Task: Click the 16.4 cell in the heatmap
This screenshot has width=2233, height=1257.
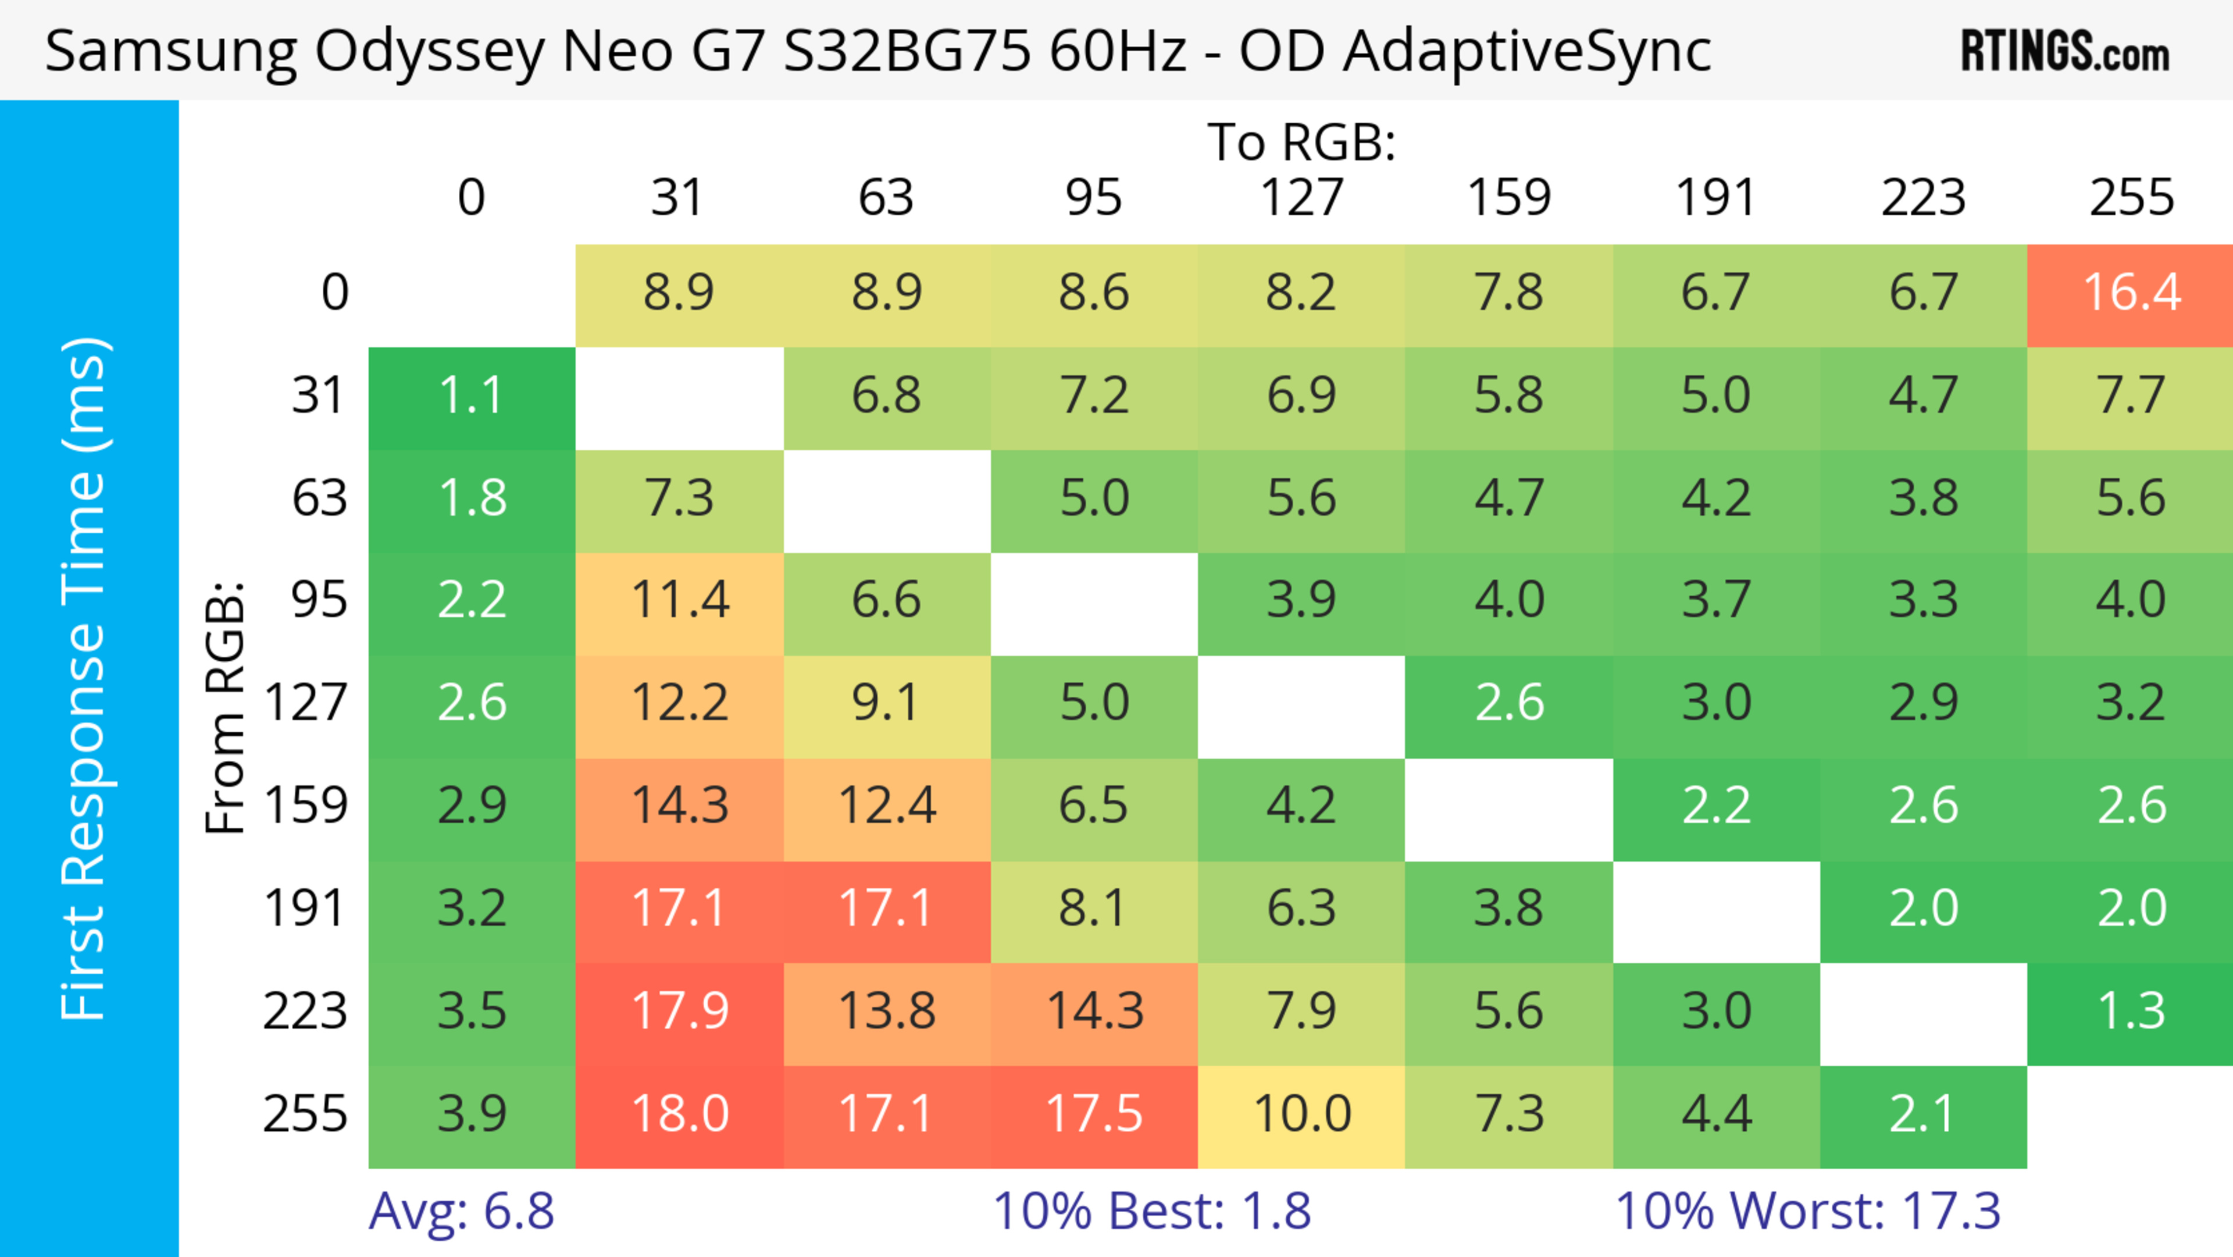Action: (x=2131, y=294)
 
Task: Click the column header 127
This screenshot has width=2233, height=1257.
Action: (x=1301, y=198)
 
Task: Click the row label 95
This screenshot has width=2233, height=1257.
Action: (x=319, y=600)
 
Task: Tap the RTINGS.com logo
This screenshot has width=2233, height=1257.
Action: (x=2065, y=52)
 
